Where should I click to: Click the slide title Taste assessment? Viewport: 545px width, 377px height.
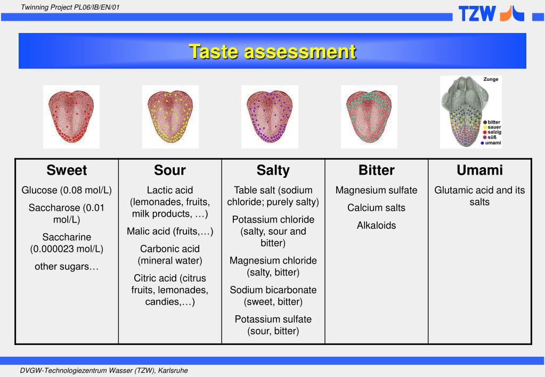(x=272, y=52)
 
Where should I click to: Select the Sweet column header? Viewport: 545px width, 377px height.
(x=67, y=170)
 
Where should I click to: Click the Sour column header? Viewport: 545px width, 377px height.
(x=170, y=170)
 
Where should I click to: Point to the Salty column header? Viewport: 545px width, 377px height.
(x=273, y=170)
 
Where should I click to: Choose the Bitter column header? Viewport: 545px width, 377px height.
(x=377, y=170)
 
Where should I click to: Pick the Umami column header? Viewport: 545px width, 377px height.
(x=479, y=170)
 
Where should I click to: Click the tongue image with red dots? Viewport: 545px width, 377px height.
(x=71, y=116)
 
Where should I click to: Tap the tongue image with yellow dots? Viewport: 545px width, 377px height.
(x=170, y=116)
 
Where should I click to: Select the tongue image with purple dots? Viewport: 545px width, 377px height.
(x=270, y=116)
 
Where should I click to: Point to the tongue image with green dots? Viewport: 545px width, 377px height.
(x=369, y=116)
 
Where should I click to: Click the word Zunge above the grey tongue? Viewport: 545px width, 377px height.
(x=491, y=79)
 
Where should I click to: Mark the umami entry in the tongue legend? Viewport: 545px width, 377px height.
(x=493, y=143)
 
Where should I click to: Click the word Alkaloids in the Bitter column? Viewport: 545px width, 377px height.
(x=377, y=225)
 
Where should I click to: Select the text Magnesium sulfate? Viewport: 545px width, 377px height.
(x=377, y=190)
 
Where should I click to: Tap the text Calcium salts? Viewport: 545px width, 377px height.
(x=377, y=208)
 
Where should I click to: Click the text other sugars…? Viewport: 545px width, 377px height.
(x=67, y=266)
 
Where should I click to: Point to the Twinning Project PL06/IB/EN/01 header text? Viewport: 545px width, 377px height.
(x=70, y=6)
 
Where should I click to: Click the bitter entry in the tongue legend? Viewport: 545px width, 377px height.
(x=493, y=122)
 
